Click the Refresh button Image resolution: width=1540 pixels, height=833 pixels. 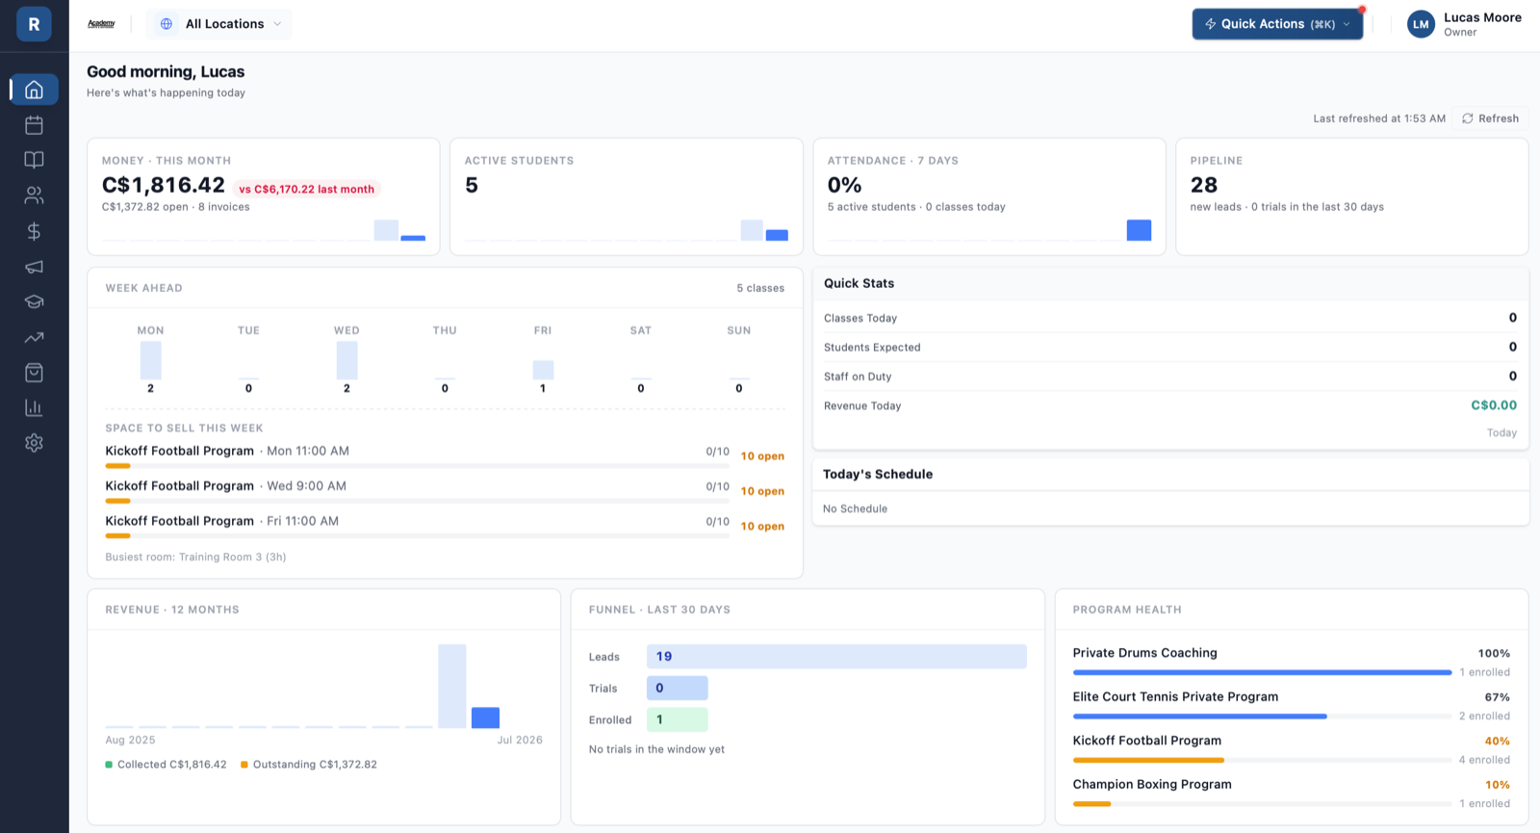[x=1490, y=118]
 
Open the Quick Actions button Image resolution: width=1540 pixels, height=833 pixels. [x=1277, y=24]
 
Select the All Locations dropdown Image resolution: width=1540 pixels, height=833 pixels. [x=218, y=24]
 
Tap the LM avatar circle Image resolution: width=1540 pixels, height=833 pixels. [x=1421, y=24]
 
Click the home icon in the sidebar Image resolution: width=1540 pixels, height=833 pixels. [x=34, y=90]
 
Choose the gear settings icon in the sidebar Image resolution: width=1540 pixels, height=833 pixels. [x=34, y=442]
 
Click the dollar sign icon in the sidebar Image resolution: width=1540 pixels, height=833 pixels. [x=34, y=231]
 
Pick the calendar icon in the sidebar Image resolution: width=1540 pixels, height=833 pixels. [x=34, y=125]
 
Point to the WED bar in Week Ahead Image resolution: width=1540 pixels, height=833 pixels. [x=346, y=360]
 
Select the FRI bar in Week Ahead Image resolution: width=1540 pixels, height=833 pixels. [x=543, y=370]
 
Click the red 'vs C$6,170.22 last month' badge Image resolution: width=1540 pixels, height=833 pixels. [x=307, y=189]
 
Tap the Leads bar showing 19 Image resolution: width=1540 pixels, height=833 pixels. [x=836, y=656]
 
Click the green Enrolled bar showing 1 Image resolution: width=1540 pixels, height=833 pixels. [x=678, y=719]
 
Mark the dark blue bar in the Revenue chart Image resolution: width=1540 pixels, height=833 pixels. [x=485, y=717]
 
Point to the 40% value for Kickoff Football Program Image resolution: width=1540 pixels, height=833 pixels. [x=1497, y=741]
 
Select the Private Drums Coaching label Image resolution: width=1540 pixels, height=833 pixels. [x=1144, y=653]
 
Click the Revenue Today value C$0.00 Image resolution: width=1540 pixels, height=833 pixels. [x=1493, y=405]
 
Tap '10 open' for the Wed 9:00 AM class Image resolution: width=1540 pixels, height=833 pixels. [x=762, y=491]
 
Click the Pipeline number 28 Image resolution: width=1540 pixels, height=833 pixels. [x=1204, y=185]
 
